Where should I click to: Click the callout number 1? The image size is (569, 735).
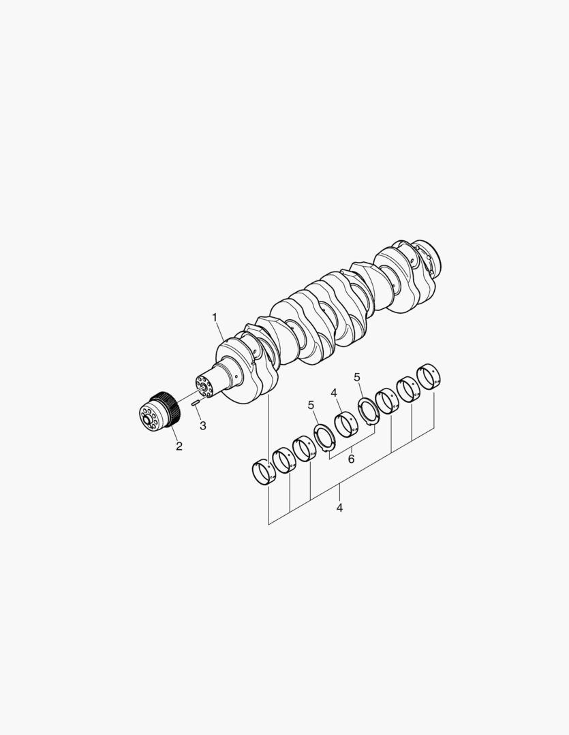click(215, 318)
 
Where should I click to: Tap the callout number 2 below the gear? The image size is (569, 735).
click(179, 446)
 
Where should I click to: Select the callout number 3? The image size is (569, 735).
click(203, 425)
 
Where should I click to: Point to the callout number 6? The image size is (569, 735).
click(351, 459)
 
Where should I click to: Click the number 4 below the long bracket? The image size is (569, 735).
click(339, 507)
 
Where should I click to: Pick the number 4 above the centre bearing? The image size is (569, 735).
click(335, 393)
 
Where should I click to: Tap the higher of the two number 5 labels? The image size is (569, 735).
click(357, 377)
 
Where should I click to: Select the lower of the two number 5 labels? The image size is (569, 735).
click(311, 405)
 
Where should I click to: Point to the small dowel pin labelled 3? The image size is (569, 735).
click(196, 402)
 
